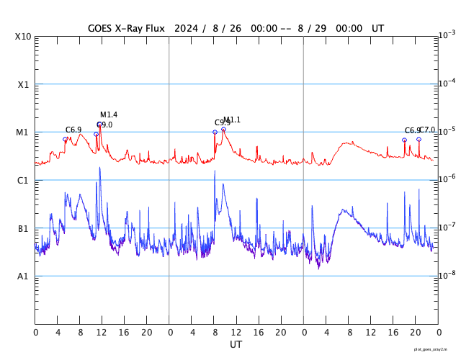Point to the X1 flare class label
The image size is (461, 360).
pos(24,84)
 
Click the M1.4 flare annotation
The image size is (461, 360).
pos(109,115)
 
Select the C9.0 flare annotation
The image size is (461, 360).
pos(105,125)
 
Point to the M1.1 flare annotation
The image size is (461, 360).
pos(232,120)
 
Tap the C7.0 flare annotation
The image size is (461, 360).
pos(427,130)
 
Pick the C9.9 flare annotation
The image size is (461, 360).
pos(222,123)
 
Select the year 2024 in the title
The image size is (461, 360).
pos(187,28)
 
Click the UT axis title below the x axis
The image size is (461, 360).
pos(236,344)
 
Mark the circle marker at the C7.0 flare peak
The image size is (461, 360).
pos(419,139)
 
